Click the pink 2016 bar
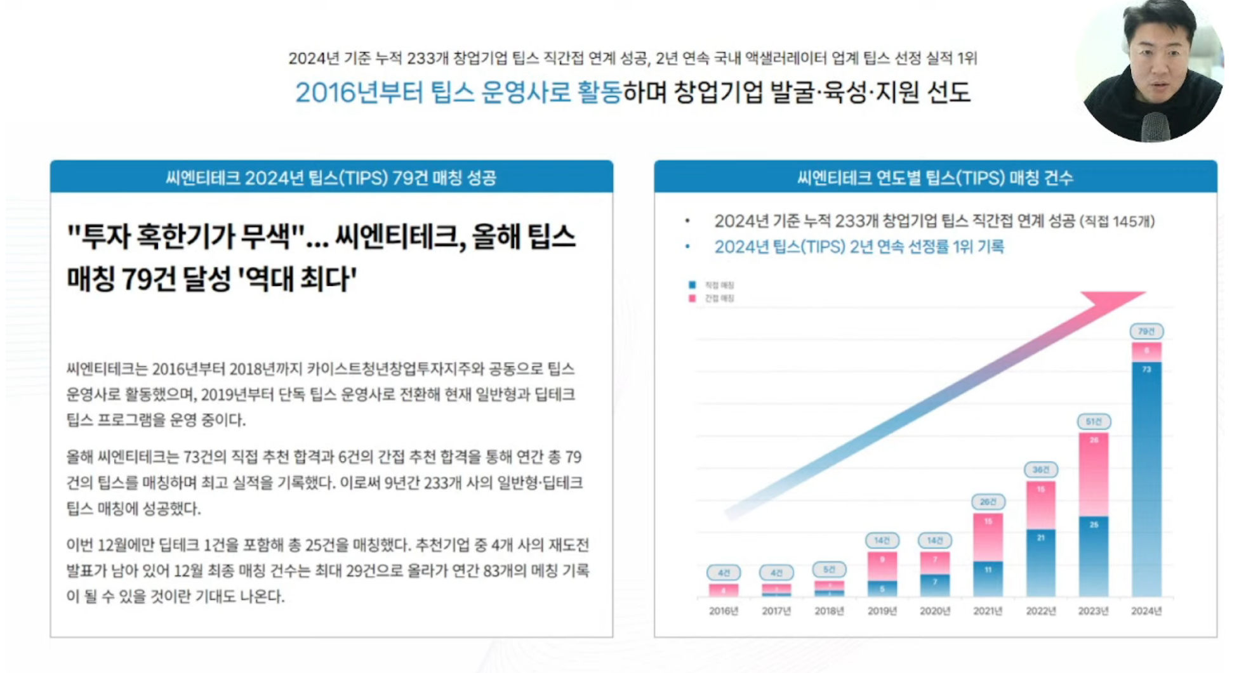[724, 591]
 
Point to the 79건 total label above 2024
[1146, 331]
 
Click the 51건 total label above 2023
[1094, 421]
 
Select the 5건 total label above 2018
[829, 569]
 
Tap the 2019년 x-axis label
[882, 611]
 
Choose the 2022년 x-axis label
[1041, 611]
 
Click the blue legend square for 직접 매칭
[692, 285]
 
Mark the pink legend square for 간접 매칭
[692, 298]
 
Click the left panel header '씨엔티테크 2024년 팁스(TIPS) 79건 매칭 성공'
[331, 178]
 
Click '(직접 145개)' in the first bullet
[1117, 221]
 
